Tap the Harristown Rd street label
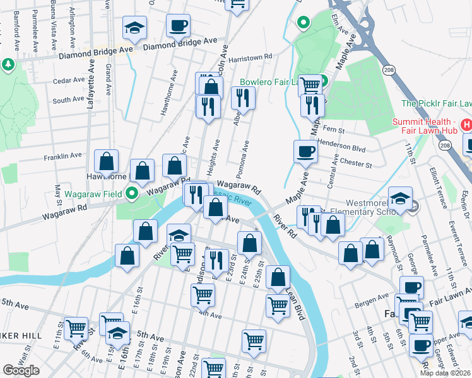[251, 57]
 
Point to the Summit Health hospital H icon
[467, 125]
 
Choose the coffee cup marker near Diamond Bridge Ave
[178, 26]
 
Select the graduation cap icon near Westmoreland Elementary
[400, 198]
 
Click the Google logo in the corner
[21, 370]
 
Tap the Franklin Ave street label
[62, 155]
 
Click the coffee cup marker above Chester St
[306, 151]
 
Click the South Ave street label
[68, 100]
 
